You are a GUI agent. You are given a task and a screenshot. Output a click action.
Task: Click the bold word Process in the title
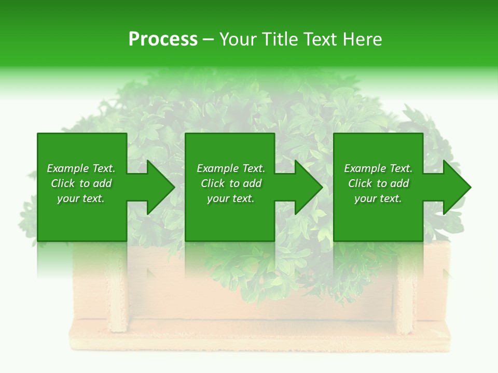coord(163,39)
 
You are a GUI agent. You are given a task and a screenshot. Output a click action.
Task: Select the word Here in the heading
coord(362,39)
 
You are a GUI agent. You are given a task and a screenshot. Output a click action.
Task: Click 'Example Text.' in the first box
coord(81,168)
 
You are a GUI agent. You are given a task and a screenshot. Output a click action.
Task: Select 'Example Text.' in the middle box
coord(231,168)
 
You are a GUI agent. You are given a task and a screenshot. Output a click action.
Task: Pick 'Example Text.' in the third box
coord(378,168)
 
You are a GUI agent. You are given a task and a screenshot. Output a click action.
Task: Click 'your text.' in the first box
coord(81,198)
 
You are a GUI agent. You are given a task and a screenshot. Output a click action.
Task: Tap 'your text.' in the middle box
coord(231,198)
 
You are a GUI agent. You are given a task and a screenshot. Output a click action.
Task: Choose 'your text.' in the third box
coord(378,198)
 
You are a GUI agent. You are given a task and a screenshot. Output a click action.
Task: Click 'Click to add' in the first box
coord(81,183)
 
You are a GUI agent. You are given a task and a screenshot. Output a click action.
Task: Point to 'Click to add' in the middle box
coord(231,183)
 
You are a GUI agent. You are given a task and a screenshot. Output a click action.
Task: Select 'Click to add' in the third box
coord(378,183)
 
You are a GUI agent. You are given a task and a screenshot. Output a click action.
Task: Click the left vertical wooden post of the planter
coord(119,295)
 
